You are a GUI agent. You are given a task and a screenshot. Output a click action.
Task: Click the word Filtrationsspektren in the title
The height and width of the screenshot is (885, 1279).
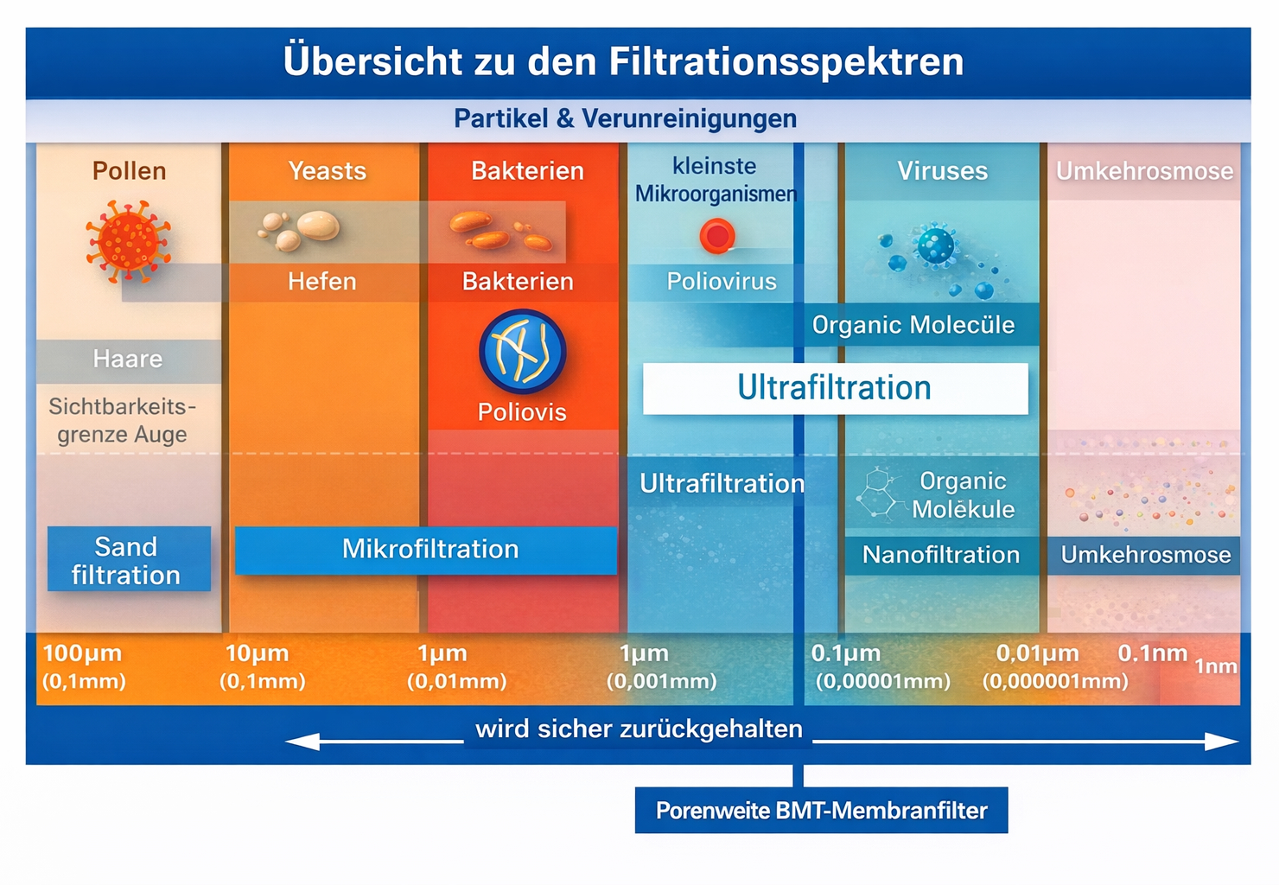786,61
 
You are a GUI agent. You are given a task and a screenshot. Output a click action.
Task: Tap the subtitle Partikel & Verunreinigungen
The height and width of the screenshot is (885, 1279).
625,118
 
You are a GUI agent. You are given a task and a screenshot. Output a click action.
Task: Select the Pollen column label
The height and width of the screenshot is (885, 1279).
130,171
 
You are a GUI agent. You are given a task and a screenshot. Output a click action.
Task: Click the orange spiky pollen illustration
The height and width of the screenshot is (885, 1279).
129,241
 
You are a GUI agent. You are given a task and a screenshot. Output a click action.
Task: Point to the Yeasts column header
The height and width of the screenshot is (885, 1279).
328,171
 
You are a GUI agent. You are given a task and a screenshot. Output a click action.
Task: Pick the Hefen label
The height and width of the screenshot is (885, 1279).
322,281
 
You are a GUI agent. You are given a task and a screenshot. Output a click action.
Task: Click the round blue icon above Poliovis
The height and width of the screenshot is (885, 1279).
523,352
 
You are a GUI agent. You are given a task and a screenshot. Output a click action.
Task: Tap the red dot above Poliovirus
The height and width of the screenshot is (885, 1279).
717,236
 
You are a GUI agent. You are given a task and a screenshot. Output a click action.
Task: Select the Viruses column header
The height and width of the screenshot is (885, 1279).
943,171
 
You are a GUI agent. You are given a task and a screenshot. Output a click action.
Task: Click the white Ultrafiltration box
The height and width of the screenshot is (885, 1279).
836,388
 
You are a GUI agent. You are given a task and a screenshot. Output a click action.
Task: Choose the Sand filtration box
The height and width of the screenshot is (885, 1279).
129,558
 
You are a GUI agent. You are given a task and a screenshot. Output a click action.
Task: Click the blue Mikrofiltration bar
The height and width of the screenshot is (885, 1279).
426,550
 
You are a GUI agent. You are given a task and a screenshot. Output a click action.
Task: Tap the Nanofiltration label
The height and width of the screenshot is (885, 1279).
941,554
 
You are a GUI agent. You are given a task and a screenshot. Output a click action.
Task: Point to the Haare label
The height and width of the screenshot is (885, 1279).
128,360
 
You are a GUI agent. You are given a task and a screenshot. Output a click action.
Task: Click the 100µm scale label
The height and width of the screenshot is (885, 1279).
82,653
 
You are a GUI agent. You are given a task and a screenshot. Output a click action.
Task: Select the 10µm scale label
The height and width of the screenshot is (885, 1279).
257,653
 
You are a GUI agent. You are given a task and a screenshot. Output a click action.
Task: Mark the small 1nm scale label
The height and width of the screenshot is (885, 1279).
1216,666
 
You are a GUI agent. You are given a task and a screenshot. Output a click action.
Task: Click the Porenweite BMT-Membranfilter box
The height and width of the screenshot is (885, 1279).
822,810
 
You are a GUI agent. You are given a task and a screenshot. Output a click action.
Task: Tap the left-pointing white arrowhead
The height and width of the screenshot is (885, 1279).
302,742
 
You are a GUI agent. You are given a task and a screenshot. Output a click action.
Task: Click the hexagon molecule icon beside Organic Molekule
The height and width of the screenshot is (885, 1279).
881,494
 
